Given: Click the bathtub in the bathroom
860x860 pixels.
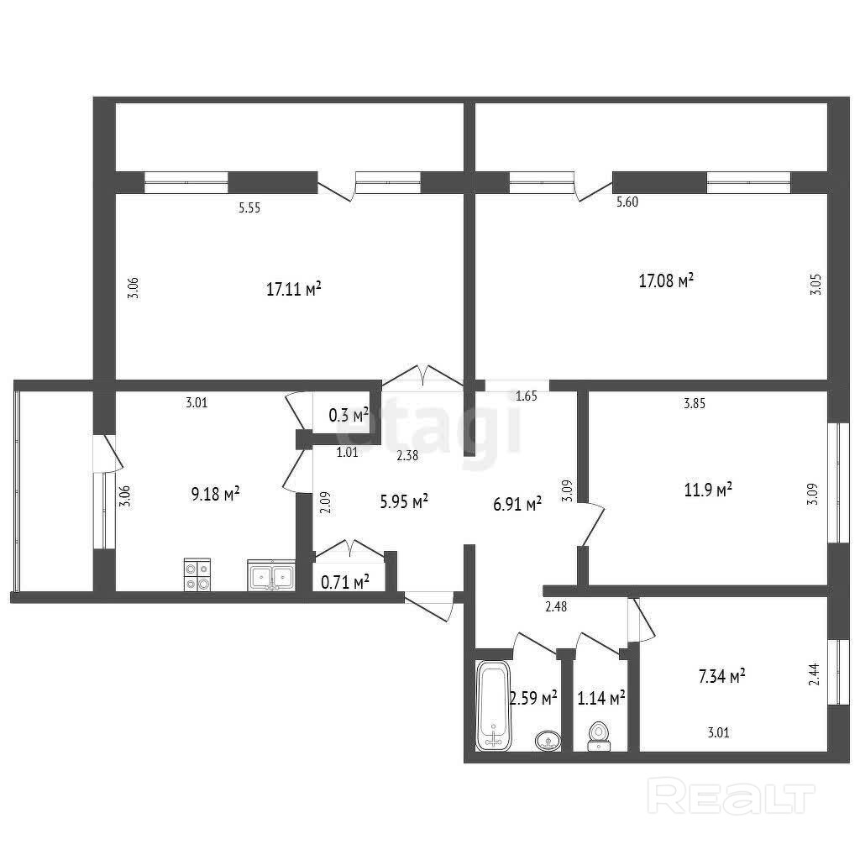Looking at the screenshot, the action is point(494,705).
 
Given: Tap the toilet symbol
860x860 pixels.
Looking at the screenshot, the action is point(599,737).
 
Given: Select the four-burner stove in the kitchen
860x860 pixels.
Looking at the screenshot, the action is point(197,574).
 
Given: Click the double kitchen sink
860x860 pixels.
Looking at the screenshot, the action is point(271,575).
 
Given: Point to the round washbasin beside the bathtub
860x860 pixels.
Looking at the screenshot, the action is point(548,740).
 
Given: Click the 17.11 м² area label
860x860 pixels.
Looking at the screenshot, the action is point(293,289).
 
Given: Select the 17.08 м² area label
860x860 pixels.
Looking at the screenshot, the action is point(666,281).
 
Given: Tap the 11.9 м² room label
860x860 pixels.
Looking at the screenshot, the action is point(708,490).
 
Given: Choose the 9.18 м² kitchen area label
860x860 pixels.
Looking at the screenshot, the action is point(215,494).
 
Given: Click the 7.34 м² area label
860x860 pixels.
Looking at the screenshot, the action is point(721,676).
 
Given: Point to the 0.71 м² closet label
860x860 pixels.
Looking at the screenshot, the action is point(344,582).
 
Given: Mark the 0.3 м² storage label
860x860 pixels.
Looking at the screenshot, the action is point(349,415).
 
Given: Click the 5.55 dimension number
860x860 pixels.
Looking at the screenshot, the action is point(249,208).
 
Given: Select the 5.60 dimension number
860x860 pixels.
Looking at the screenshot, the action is point(627,202).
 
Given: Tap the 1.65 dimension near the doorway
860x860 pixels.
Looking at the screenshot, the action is point(527,396).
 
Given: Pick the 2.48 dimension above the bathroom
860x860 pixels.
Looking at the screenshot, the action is point(556,606).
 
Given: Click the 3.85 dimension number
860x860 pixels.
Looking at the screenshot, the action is point(695,404).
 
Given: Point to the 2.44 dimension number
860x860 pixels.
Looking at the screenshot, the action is point(814,674).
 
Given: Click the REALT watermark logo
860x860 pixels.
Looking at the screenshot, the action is point(732,796).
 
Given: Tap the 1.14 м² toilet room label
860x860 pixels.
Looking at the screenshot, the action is point(601,698).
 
